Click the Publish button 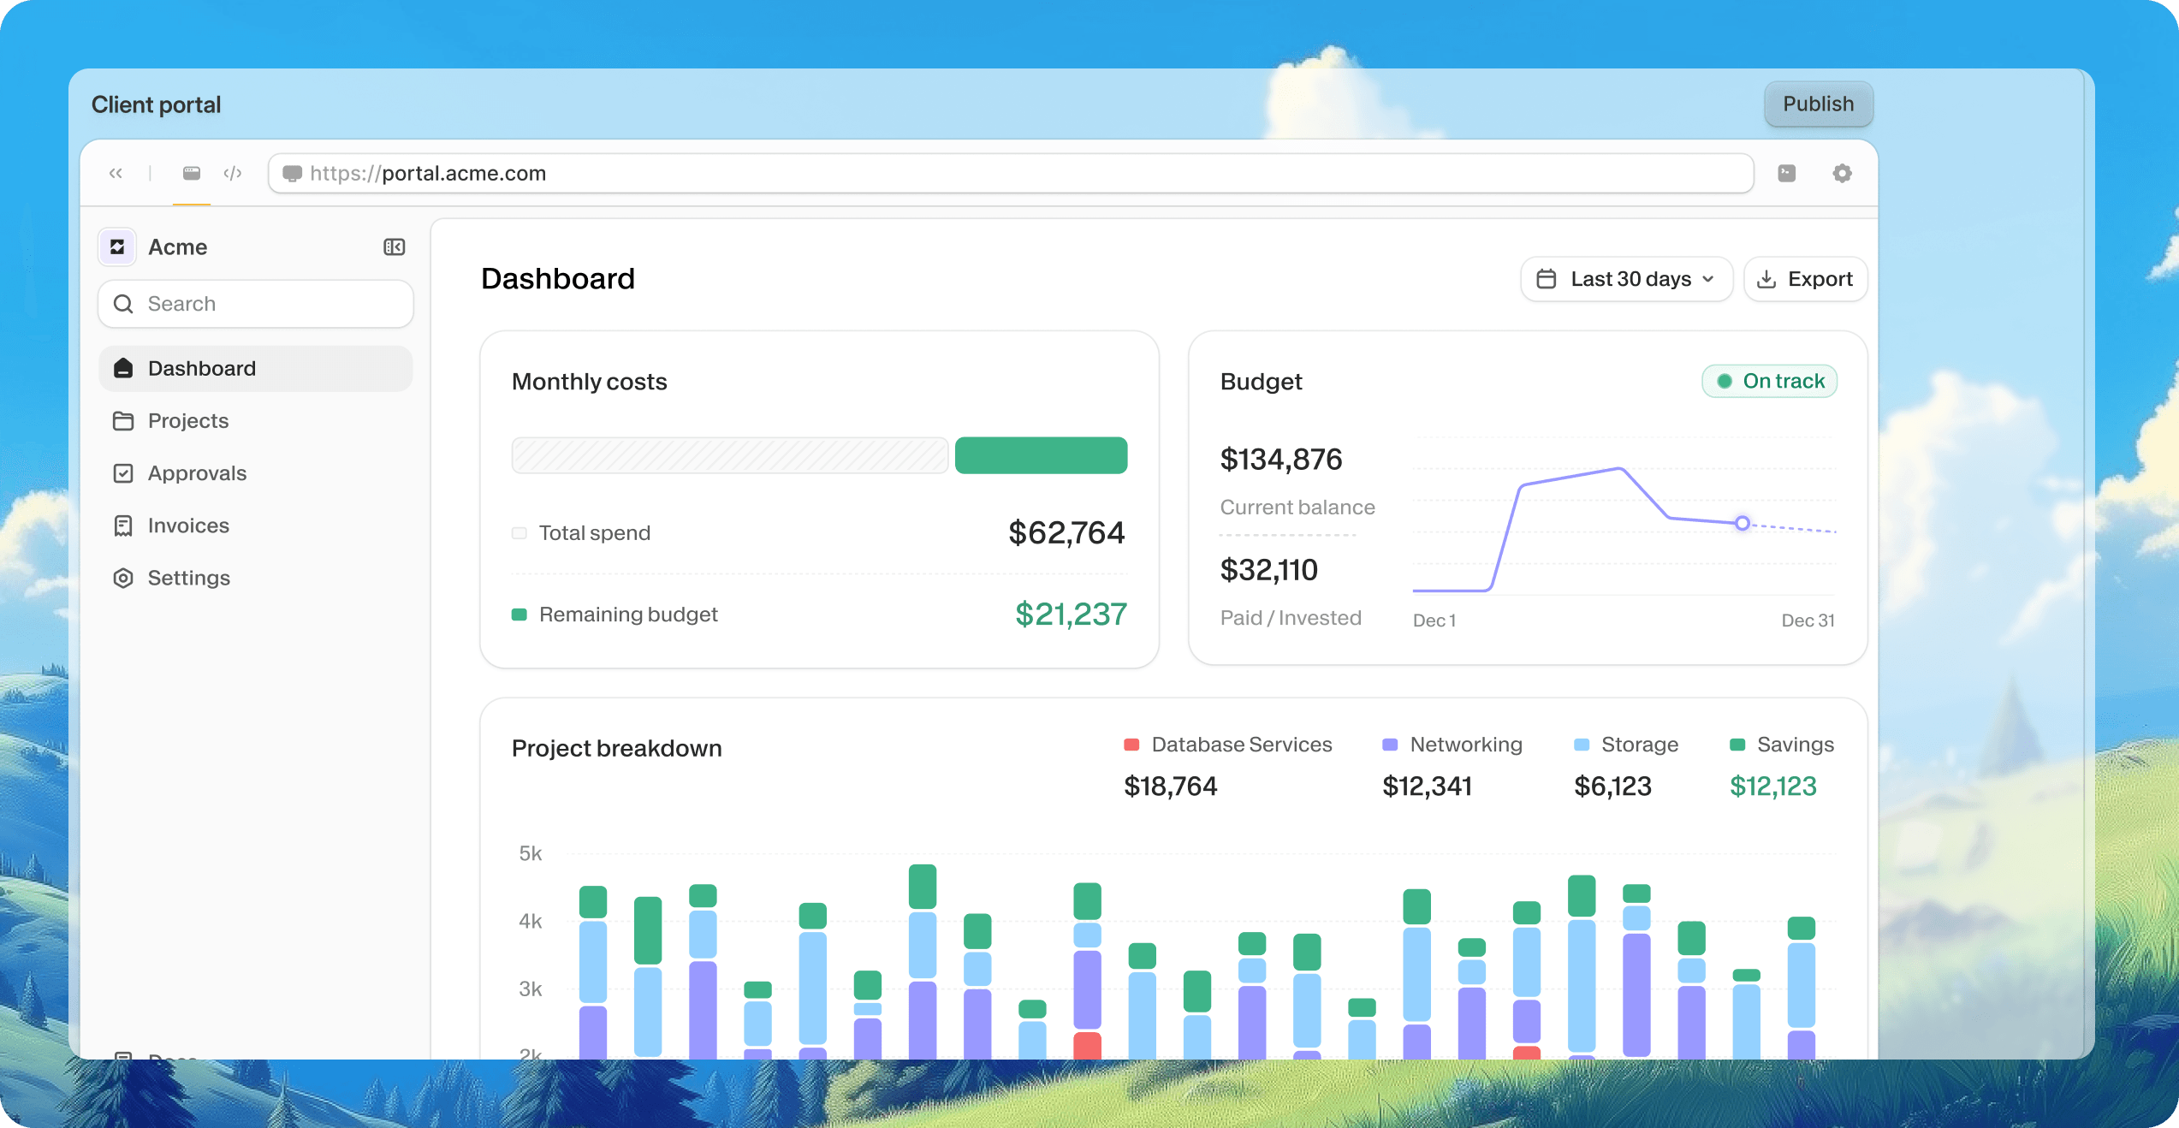pos(1818,104)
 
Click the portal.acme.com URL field pos(1010,174)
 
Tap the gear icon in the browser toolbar pos(1842,174)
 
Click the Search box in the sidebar pos(255,304)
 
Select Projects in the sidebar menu pos(188,421)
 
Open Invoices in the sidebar pos(188,525)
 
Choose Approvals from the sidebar pos(197,473)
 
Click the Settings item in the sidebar pos(188,578)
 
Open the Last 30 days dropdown pos(1626,279)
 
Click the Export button pos(1805,279)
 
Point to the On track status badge pos(1769,381)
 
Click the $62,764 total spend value pos(1066,532)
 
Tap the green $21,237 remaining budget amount pos(1070,614)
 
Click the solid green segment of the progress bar pos(1041,455)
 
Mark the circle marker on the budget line pos(1742,523)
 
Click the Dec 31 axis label pos(1808,620)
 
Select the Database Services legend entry pos(1228,745)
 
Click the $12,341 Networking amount pos(1427,786)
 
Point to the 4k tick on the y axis pos(530,921)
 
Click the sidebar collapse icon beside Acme pos(394,247)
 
